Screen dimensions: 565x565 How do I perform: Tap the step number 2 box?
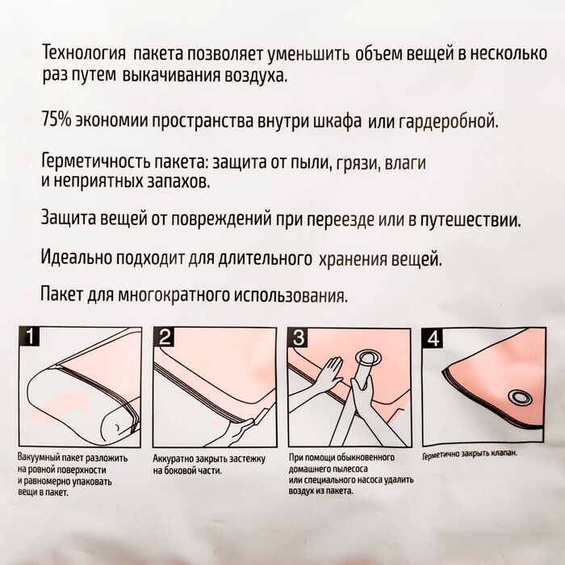tap(164, 337)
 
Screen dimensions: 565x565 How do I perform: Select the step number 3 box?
tap(299, 337)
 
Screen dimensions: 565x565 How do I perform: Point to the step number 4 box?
tap(433, 338)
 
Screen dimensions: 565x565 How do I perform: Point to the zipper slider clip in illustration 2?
tap(260, 417)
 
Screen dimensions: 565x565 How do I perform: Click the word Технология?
tap(84, 54)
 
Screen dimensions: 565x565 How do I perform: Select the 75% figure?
tap(56, 120)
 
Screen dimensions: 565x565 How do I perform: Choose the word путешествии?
tap(471, 220)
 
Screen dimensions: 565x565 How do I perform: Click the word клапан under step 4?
tap(504, 453)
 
